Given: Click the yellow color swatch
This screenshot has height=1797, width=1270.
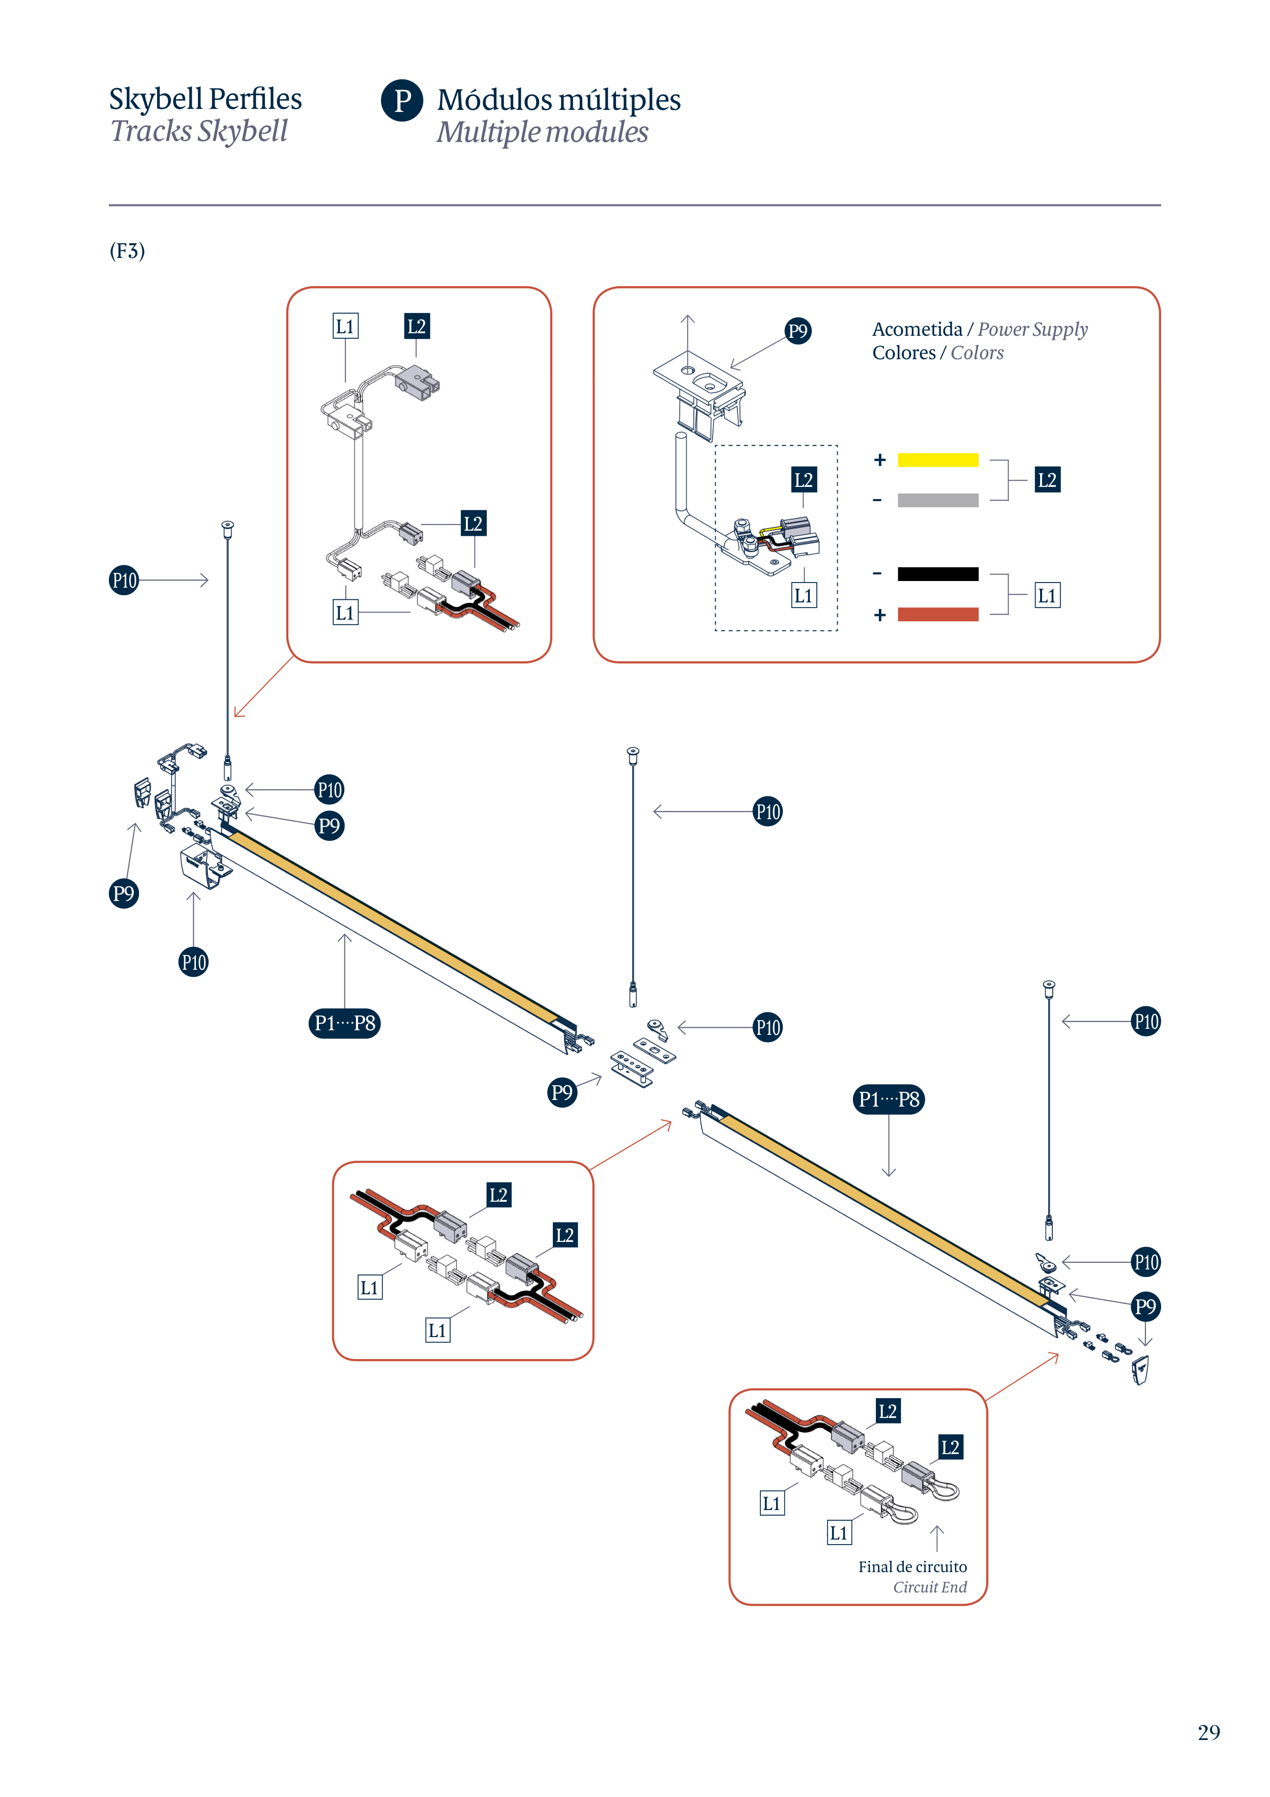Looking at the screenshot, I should pos(937,460).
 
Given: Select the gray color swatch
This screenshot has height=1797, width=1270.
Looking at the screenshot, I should pos(937,500).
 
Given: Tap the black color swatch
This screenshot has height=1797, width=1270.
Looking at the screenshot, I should pos(937,574).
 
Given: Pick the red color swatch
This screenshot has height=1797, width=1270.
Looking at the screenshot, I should pos(937,615).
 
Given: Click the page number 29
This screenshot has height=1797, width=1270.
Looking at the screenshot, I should pos(1208,1732).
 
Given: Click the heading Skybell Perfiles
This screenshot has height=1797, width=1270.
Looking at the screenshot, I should pos(205,99).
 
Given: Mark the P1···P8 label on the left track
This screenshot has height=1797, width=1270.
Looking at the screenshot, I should pos(344,1023).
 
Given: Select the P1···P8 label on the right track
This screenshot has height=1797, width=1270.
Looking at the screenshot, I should pos(888,1099).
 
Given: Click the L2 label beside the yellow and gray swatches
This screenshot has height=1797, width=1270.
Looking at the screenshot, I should pos(1047,480).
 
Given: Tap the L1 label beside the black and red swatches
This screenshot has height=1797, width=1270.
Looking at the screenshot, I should pos(1047,596).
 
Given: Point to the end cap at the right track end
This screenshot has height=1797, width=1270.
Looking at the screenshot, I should pos(1141,1370).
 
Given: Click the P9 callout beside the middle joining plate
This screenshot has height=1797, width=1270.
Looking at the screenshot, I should pos(562,1092).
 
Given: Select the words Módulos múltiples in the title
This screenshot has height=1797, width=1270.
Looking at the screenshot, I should pos(558,100).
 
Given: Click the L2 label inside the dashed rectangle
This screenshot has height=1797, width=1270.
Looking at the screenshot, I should pos(804,480).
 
